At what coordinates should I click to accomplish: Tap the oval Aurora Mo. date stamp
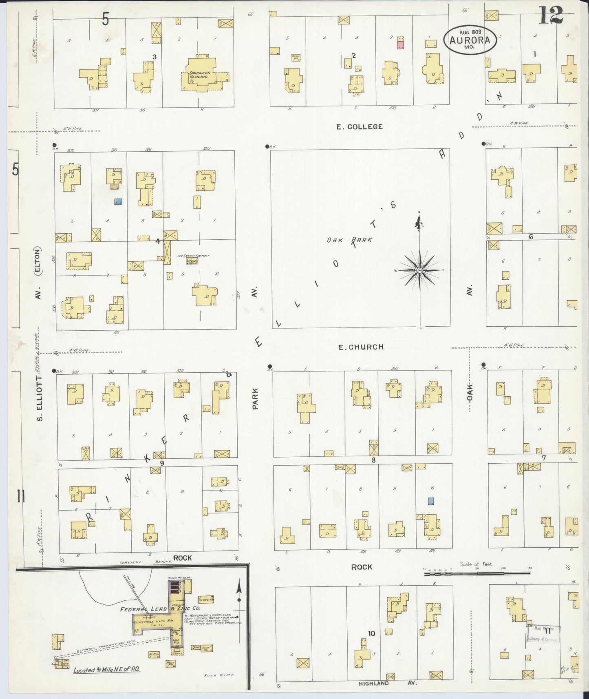470,40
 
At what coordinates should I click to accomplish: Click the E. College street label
359,126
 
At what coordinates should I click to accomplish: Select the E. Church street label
361,347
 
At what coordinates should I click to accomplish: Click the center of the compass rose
419,270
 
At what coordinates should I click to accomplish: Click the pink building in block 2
400,44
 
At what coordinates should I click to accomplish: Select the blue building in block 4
118,201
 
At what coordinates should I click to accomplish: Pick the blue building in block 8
431,500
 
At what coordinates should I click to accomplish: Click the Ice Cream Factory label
193,256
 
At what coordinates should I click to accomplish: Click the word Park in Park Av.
256,398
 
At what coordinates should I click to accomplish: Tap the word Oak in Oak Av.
470,392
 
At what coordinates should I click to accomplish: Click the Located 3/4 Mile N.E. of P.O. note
107,670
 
